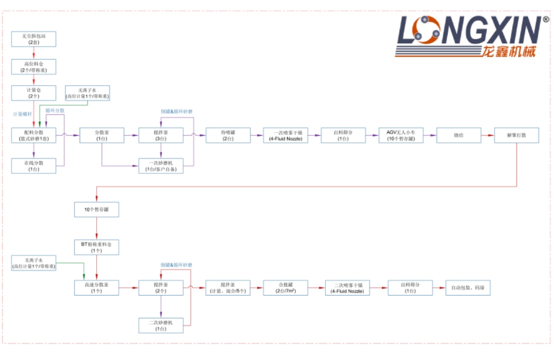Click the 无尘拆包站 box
click(34, 39)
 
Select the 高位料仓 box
click(34, 66)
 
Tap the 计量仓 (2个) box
click(34, 93)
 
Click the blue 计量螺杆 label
click(22, 114)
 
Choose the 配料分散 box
click(34, 136)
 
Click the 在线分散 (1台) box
click(34, 166)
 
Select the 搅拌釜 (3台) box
click(161, 136)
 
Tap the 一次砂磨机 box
click(161, 166)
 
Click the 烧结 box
click(458, 136)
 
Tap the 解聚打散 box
click(516, 136)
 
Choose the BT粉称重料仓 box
click(97, 247)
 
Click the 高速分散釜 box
click(97, 287)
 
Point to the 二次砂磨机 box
click(161, 325)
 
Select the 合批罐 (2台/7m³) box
click(286, 287)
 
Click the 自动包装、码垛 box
click(468, 287)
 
